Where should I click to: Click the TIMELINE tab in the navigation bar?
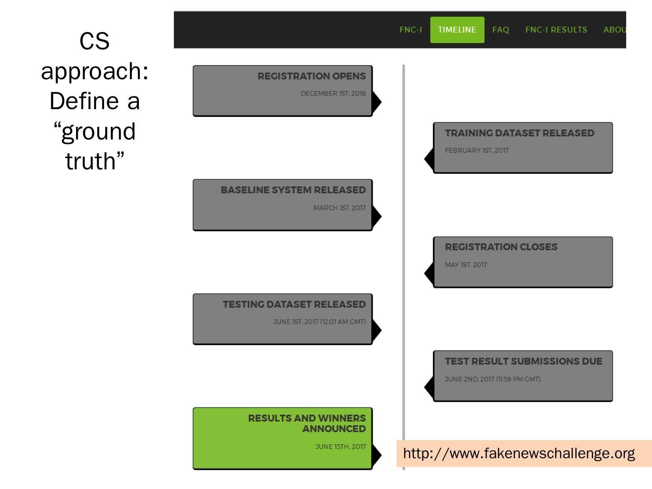457,30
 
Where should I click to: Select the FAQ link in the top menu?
500,30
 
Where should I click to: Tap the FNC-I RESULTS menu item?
556,30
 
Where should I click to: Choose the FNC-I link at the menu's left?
411,30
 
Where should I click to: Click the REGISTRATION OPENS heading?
312,76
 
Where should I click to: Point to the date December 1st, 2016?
333,94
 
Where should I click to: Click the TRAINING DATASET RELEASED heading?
519,133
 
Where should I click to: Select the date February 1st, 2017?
476,150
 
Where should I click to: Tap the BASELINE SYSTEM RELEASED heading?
293,190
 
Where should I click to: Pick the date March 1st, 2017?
339,208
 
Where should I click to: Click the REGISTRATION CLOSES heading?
501,247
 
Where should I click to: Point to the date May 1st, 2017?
465,265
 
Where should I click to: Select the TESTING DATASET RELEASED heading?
294,304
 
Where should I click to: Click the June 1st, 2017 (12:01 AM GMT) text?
319,322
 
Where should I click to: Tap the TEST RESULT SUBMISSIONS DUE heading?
523,361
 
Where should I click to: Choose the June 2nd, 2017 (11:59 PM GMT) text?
492,379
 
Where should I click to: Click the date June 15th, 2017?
340,447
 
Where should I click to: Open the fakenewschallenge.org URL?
519,453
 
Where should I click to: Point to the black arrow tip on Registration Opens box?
378,102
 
